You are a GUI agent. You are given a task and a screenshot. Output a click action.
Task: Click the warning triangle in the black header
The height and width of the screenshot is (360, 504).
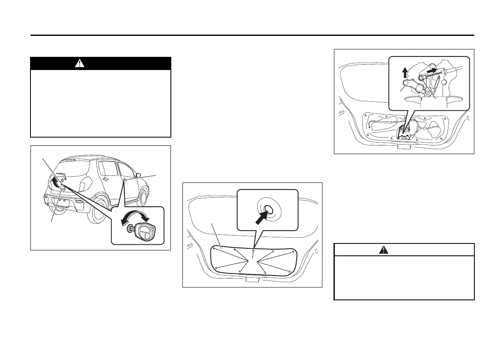click(x=80, y=63)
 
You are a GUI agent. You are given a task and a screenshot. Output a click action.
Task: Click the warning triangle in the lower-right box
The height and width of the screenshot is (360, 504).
click(x=384, y=250)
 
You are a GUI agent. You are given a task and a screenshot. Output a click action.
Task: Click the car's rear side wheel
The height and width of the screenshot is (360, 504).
click(x=100, y=210)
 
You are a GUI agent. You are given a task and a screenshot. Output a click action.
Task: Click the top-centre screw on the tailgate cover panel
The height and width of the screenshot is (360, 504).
click(x=253, y=250)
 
